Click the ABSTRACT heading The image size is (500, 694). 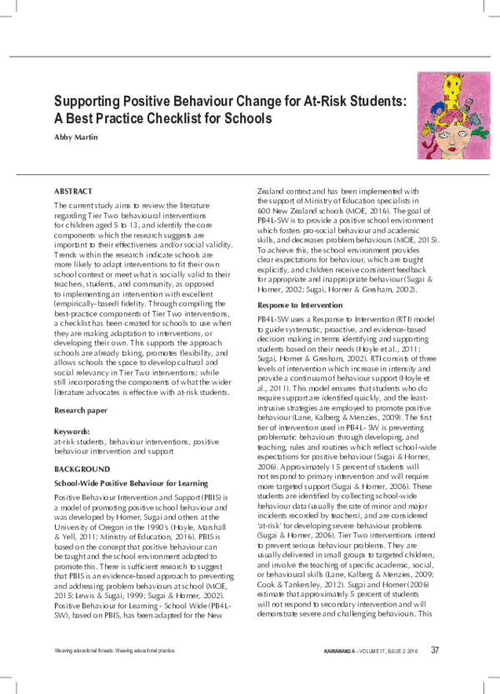(x=73, y=191)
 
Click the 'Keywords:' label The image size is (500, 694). (x=72, y=432)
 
